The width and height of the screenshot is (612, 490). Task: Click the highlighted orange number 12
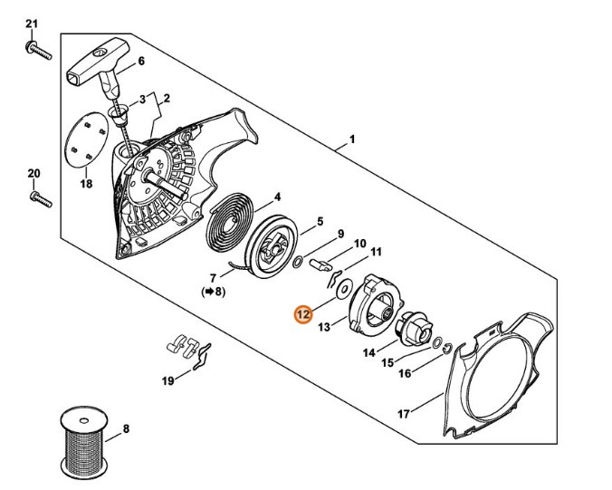coord(303,314)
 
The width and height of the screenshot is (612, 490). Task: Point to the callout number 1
coord(351,140)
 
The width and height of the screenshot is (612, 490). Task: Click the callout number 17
coord(403,414)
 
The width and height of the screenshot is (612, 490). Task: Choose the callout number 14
coord(368,352)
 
